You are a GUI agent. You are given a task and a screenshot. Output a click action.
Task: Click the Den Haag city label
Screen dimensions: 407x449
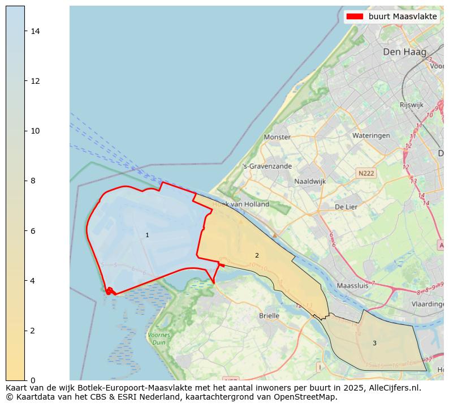point(404,52)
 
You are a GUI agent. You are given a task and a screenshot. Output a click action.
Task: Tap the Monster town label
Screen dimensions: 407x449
point(277,137)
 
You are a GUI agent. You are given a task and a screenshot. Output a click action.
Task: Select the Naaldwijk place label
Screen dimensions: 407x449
point(310,182)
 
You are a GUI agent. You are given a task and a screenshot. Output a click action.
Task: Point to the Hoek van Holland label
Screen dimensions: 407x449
point(241,204)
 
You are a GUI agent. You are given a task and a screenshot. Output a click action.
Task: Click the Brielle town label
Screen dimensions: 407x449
point(269,316)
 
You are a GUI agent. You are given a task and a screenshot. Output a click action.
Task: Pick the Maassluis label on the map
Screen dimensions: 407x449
point(352,286)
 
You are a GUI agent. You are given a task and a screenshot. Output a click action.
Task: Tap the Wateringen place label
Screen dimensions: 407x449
point(371,136)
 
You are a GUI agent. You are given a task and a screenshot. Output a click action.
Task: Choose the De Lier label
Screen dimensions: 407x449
point(346,207)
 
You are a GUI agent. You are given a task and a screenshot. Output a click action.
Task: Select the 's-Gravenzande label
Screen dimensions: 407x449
point(267,166)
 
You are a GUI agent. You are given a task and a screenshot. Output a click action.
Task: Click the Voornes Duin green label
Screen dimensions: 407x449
point(159,339)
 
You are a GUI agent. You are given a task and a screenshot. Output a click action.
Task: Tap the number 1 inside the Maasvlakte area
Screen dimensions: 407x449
point(147,235)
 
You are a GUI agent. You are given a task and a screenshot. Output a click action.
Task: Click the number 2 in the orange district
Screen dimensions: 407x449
point(257,255)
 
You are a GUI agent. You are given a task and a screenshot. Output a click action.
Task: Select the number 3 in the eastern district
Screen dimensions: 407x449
point(374,343)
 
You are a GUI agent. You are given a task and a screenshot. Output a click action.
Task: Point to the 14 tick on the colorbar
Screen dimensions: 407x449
point(34,31)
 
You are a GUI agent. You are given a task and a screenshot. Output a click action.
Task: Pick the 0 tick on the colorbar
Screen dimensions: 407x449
point(32,380)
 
